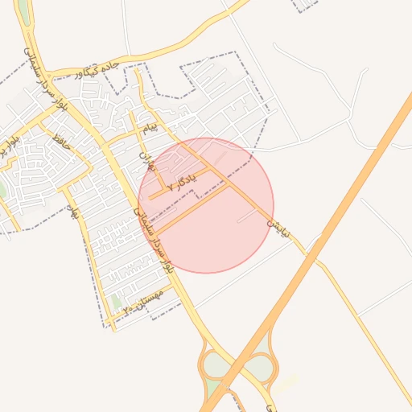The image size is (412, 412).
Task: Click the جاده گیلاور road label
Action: (97, 69)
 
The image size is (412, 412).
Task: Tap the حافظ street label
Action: (60, 138)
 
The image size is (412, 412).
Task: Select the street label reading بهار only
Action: (75, 212)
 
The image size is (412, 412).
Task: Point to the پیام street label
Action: (150, 128)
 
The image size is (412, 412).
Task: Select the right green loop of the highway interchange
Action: (259, 367)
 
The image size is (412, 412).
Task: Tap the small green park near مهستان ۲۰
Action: (117, 303)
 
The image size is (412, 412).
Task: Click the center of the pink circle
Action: (206, 205)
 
